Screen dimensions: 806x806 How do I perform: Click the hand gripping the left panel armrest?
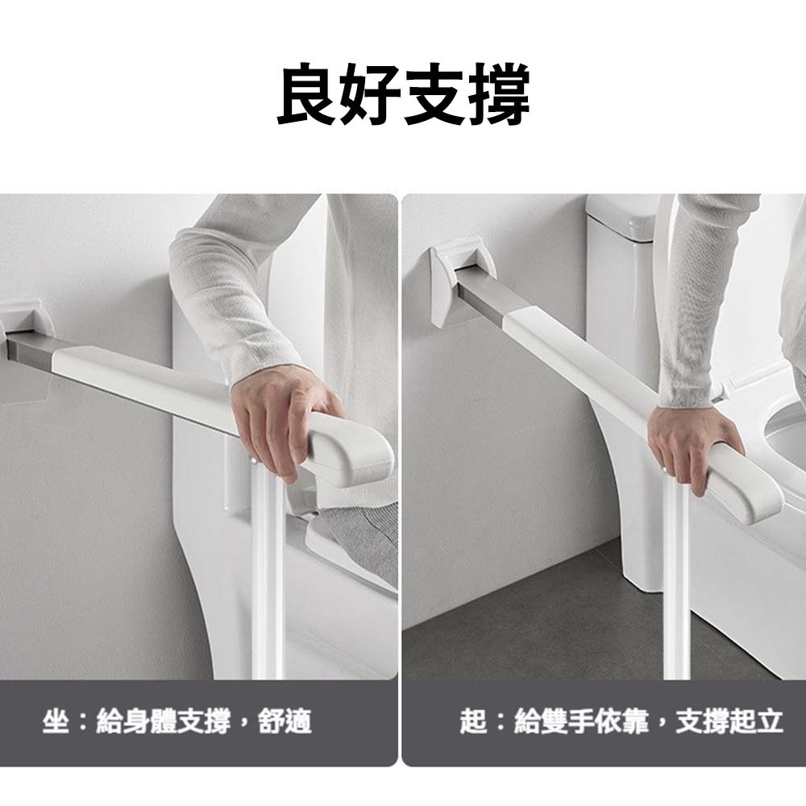click(281, 422)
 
